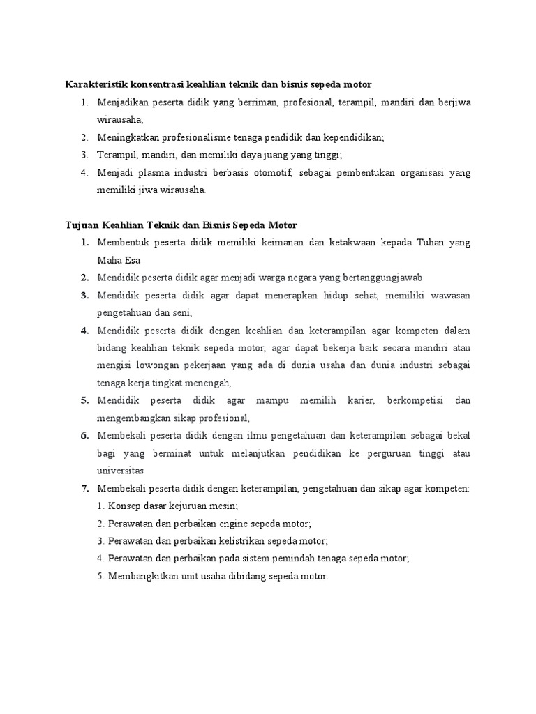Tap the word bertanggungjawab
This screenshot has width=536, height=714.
[x=375, y=278]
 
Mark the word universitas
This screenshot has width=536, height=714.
[x=121, y=470]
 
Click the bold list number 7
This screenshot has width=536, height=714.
[x=84, y=488]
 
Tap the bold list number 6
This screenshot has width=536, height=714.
[x=84, y=435]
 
